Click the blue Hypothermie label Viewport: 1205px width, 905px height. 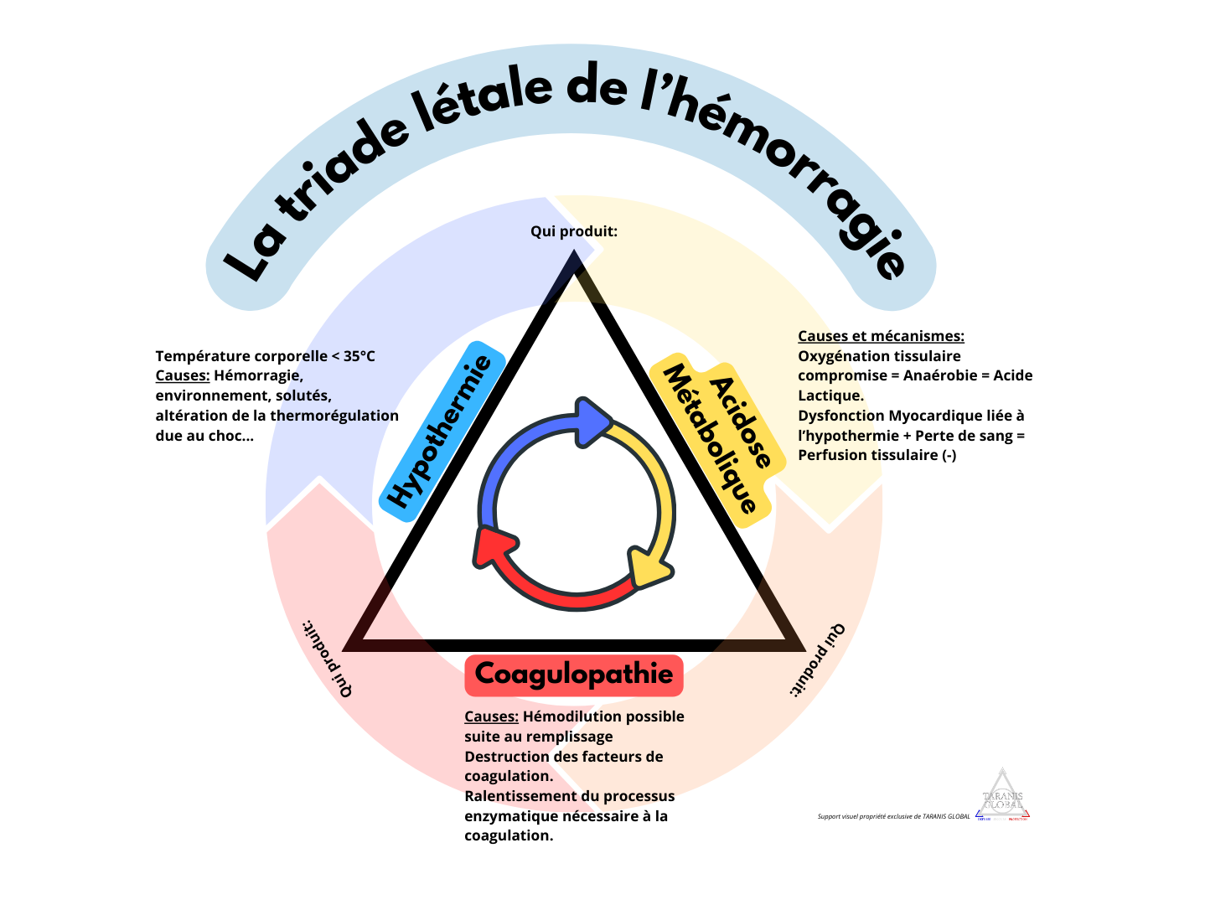click(x=442, y=426)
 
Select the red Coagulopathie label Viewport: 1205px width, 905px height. click(x=574, y=675)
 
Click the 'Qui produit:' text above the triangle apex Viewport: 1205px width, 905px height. click(x=574, y=231)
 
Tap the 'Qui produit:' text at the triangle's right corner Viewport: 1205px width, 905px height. click(x=818, y=659)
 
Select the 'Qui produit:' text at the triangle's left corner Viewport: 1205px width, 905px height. click(x=327, y=659)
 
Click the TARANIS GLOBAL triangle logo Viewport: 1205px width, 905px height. click(x=1003, y=794)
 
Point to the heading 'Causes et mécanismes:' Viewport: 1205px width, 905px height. click(x=881, y=336)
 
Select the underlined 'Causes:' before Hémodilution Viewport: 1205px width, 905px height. click(x=491, y=716)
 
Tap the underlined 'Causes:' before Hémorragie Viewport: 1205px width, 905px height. click(x=182, y=376)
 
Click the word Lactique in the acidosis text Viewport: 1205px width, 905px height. click(x=830, y=396)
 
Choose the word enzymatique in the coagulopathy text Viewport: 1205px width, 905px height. click(x=511, y=816)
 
